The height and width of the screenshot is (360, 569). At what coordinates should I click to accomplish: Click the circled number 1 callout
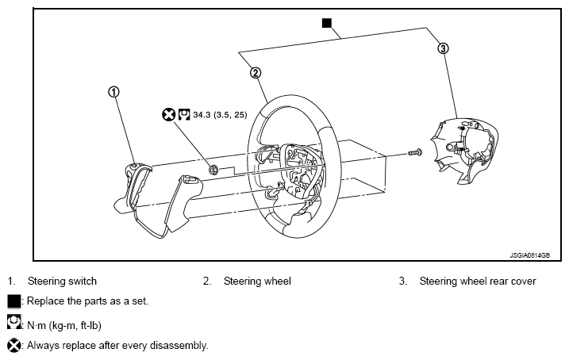[x=114, y=92]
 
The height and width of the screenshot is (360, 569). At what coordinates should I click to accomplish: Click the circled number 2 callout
[x=256, y=73]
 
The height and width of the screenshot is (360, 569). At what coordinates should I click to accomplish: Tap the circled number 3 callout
[x=443, y=48]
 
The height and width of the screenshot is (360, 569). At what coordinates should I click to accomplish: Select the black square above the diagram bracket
[x=327, y=23]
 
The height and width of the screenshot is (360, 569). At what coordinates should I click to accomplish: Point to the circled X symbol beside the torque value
[x=168, y=115]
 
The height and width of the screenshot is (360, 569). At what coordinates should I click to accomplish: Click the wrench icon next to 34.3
[x=184, y=114]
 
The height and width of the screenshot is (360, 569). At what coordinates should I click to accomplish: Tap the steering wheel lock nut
[x=213, y=169]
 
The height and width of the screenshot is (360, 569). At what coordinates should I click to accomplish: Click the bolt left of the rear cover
[x=415, y=152]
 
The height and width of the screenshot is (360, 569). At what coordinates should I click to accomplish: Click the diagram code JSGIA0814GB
[x=529, y=255]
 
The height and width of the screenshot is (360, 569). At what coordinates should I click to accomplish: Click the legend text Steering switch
[x=62, y=281]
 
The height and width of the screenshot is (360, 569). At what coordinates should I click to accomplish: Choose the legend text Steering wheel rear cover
[x=478, y=281]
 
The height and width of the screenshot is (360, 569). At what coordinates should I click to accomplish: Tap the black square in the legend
[x=13, y=301]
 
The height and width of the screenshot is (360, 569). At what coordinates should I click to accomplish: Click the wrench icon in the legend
[x=13, y=322]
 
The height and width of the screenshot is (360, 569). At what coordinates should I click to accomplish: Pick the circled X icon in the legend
[x=14, y=345]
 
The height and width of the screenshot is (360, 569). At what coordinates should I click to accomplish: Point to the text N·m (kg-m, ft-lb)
[x=64, y=326]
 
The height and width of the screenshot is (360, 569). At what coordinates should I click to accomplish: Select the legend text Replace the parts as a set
[x=87, y=301]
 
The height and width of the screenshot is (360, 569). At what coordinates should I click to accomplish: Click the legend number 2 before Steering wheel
[x=207, y=281]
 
